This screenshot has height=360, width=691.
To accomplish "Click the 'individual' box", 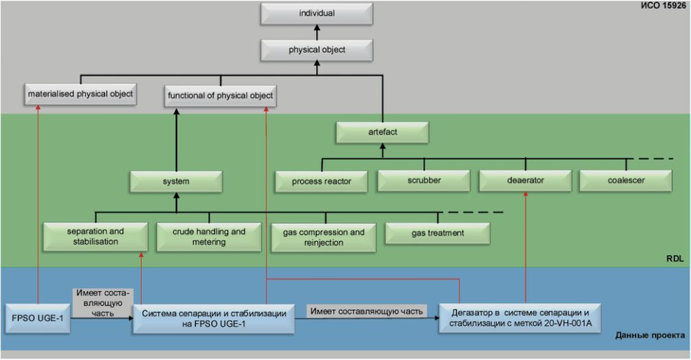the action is point(317,14).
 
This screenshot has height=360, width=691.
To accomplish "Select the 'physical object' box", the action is point(317,49).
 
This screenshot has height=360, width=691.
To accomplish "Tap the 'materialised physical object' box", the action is point(80,94).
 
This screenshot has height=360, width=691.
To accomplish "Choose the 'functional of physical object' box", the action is point(220,95).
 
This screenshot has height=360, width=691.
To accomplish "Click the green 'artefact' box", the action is point(383,132).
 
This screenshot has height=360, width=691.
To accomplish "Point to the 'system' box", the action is point(176,181).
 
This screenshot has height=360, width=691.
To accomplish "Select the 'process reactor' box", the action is point(321,181).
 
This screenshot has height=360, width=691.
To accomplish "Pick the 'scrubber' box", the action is point(424,181).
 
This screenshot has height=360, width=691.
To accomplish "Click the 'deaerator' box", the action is point(525,181).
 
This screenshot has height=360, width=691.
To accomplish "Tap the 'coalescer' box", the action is point(626,181).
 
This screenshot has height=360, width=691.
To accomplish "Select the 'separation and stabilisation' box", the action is point(95,236).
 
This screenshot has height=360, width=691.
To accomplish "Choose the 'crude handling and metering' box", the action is point(209,237).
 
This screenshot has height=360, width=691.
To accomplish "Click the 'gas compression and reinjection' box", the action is point(324,238).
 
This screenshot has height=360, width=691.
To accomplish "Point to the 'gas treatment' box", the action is point(438,234).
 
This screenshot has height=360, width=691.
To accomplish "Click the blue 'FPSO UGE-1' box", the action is point(38,318).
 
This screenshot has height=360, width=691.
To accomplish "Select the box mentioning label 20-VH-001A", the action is point(520,318).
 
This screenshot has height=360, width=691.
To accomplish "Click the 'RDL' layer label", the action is point(675,258).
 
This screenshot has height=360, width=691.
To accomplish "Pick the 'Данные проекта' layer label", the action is point(650,336).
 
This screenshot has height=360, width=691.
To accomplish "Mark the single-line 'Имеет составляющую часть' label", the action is point(367,311).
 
